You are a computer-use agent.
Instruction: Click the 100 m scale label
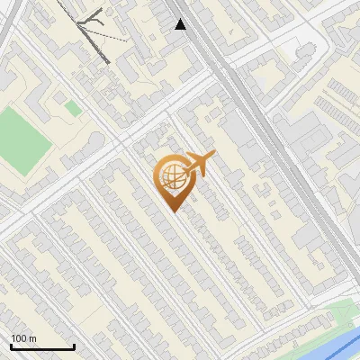pyautogui.click(x=23, y=337)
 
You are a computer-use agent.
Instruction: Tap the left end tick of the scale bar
pyautogui.click(x=11, y=346)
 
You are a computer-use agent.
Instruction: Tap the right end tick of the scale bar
pyautogui.click(x=74, y=346)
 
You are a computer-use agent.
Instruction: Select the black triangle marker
pyautogui.click(x=181, y=24)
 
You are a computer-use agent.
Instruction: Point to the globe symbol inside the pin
pyautogui.click(x=170, y=177)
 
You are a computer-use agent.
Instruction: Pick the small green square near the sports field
pyautogui.click(x=72, y=108)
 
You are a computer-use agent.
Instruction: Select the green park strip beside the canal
pyautogui.click(x=340, y=313)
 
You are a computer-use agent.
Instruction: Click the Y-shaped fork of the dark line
pyautogui.click(x=89, y=24)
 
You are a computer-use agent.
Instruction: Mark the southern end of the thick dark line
pyautogui.click(x=108, y=61)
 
